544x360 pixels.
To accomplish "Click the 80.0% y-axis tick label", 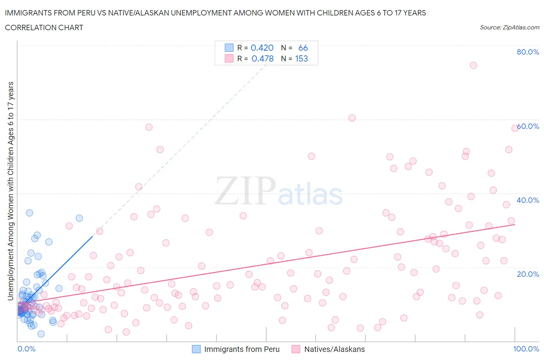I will pyautogui.click(x=528, y=52).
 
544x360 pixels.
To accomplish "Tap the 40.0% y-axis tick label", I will pyautogui.click(x=528, y=200).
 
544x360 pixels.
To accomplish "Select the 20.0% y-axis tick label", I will pyautogui.click(x=528, y=274).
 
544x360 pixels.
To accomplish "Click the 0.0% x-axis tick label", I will pyautogui.click(x=26, y=349).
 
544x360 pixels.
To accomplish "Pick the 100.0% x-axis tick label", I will pyautogui.click(x=526, y=349).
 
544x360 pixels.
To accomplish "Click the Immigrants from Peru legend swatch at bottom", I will pyautogui.click(x=197, y=349).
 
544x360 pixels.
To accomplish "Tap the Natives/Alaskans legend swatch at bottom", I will pyautogui.click(x=296, y=349).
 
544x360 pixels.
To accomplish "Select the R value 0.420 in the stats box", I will pyautogui.click(x=262, y=48).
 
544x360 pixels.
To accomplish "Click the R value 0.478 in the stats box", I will pyautogui.click(x=262, y=58).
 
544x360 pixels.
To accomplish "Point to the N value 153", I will pyautogui.click(x=301, y=58).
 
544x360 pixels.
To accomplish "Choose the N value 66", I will pyautogui.click(x=303, y=48).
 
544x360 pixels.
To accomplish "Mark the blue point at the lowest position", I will pyautogui.click(x=41, y=334).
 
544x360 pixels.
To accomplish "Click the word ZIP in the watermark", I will pyautogui.click(x=245, y=191).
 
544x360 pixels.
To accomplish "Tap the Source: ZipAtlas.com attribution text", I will pyautogui.click(x=509, y=27).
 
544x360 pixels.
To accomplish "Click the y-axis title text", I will pyautogui.click(x=10, y=191).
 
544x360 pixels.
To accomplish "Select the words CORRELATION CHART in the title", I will pyautogui.click(x=44, y=27).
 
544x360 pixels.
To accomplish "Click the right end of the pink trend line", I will pyautogui.click(x=515, y=225).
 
